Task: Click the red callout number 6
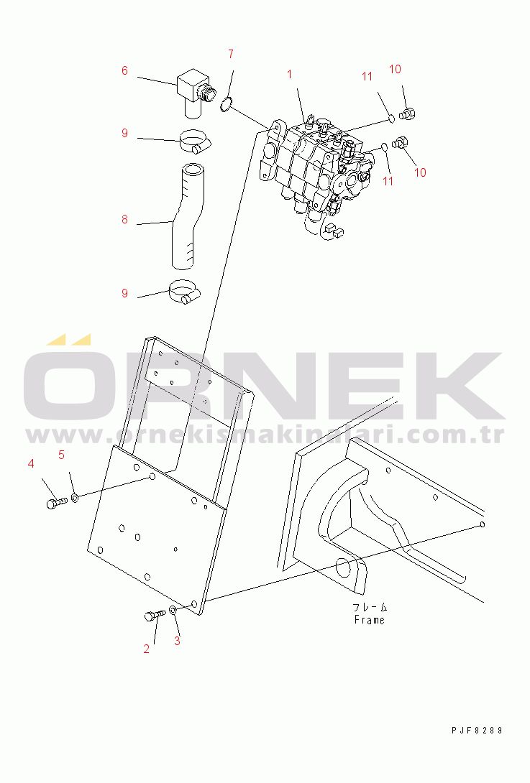pos(124,70)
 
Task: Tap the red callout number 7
pos(231,54)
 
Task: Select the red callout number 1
pos(290,75)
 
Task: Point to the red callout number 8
pos(124,219)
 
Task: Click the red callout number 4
pos(31,463)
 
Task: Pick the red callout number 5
pos(62,455)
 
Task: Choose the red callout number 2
pos(146,649)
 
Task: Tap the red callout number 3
pos(177,641)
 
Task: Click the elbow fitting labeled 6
pos(194,93)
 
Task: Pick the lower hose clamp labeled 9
pos(185,292)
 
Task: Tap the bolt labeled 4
pos(56,502)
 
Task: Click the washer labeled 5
pos(75,497)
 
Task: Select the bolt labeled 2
pos(155,615)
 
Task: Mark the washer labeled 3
pos(173,610)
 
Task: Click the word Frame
pos(369,620)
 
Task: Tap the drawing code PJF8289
pos(477,730)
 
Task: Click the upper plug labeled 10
pos(408,113)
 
